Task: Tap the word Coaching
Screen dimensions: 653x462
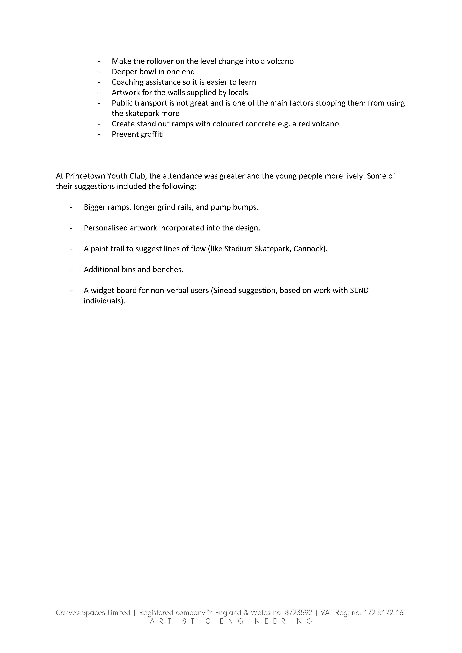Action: click(x=127, y=82)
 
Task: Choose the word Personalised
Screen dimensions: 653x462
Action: click(x=106, y=228)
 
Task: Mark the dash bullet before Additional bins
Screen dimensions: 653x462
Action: click(x=71, y=270)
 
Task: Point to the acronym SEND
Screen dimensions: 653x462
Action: click(x=359, y=291)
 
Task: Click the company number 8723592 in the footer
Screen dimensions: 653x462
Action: click(x=298, y=613)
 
